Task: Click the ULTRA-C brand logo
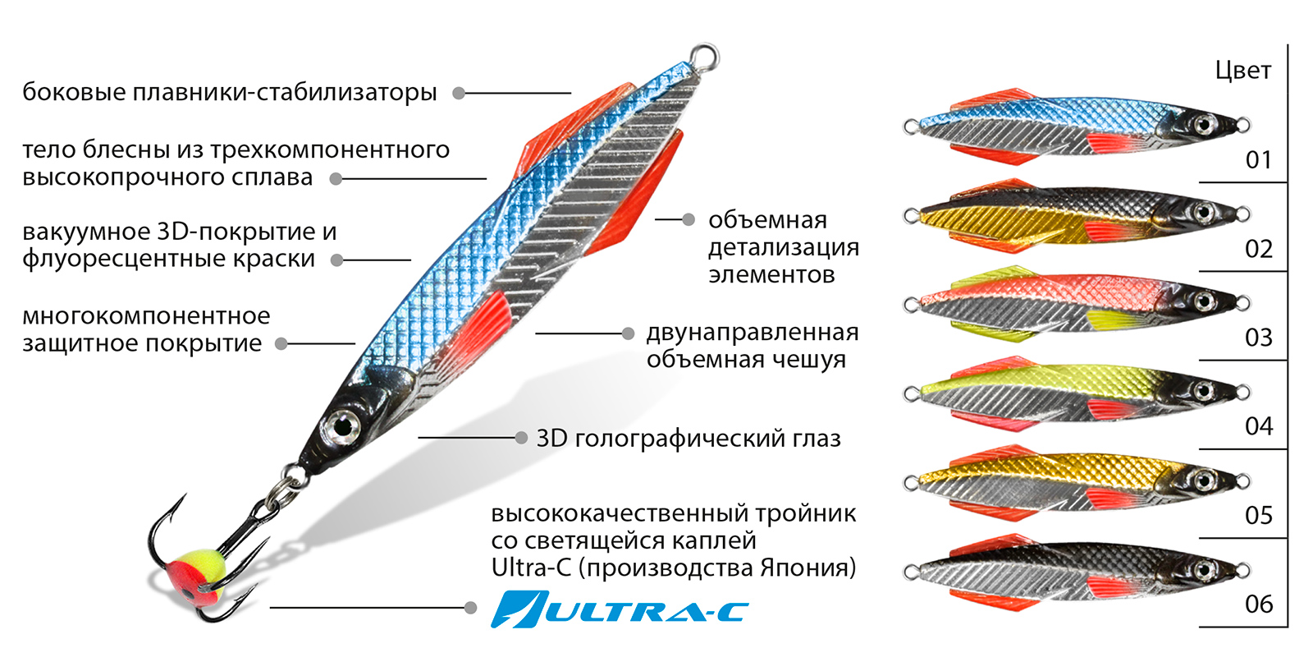[x=620, y=609]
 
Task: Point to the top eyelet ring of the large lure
[x=704, y=56]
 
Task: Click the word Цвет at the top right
[x=1243, y=71]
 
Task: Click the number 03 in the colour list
[x=1259, y=338]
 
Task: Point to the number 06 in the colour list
[x=1259, y=605]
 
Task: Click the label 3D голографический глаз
[x=688, y=439]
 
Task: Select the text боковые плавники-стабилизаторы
[x=230, y=92]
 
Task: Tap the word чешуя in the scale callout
[x=805, y=360]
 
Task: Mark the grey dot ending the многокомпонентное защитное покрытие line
[x=281, y=344]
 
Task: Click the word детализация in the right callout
[x=784, y=247]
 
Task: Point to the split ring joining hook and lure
[x=283, y=492]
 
